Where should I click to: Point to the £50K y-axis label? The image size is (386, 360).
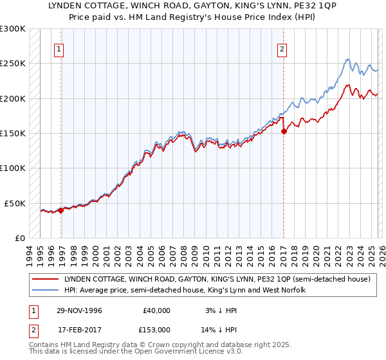click(x=15, y=203)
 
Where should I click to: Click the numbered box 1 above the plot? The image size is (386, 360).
click(x=59, y=49)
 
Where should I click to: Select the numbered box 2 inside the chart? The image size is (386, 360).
click(x=282, y=49)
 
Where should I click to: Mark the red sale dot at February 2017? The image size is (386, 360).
click(x=284, y=131)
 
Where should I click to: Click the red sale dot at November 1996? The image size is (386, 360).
click(x=61, y=210)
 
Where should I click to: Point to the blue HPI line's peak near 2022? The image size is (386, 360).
click(x=347, y=60)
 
